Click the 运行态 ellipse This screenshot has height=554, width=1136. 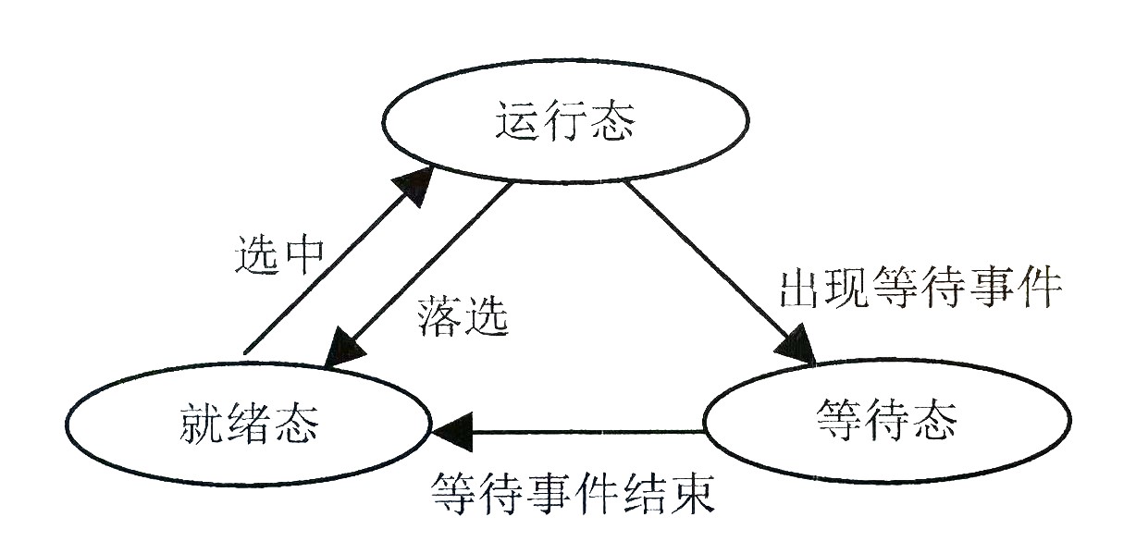(x=566, y=123)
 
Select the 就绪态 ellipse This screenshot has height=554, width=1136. (x=247, y=426)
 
